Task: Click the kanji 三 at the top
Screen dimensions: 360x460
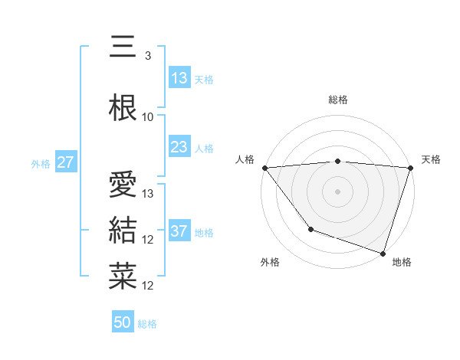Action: click(123, 47)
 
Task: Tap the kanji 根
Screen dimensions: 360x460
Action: click(123, 108)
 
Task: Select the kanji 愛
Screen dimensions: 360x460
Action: click(123, 185)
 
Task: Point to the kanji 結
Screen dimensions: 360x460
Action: click(123, 230)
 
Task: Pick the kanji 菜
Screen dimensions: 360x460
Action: click(123, 276)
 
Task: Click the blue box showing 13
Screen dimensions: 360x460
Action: click(179, 78)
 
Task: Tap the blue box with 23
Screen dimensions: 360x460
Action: click(179, 147)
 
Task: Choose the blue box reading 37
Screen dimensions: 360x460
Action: click(179, 231)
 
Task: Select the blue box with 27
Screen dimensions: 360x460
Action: click(65, 162)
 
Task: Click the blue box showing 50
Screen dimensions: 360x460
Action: click(123, 322)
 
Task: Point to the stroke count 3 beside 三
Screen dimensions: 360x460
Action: click(147, 56)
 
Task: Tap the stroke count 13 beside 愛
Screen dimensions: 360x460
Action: click(149, 194)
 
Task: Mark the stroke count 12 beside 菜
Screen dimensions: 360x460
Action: click(149, 286)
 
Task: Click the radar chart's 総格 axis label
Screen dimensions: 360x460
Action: click(338, 100)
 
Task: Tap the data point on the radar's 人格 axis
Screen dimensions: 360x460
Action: click(264, 168)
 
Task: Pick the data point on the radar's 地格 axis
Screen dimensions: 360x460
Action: click(383, 253)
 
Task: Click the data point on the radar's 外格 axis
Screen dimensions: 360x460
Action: click(310, 229)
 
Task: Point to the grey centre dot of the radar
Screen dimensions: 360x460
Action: click(338, 191)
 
